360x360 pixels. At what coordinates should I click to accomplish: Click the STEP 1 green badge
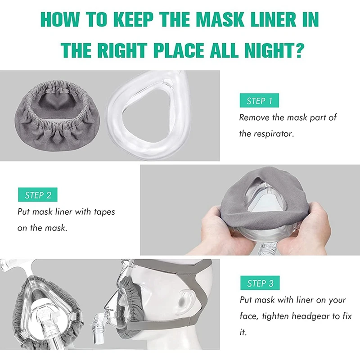click(259, 101)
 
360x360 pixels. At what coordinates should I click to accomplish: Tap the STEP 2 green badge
click(38, 195)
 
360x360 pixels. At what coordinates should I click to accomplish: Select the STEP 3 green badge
click(260, 283)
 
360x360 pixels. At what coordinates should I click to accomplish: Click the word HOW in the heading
click(59, 20)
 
